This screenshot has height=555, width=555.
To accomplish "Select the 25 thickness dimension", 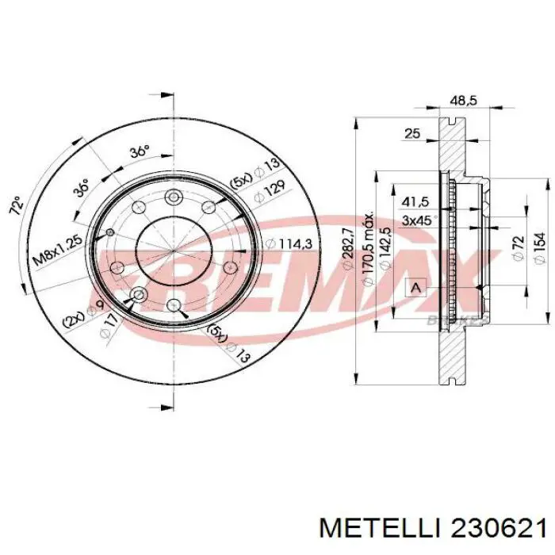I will (411, 134).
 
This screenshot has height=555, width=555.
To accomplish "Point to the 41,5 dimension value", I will (415, 202).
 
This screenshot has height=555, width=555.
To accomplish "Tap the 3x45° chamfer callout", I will (417, 220).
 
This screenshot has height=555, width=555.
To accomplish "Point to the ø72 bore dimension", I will (518, 248).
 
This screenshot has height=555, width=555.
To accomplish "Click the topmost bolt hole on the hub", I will (173, 197).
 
